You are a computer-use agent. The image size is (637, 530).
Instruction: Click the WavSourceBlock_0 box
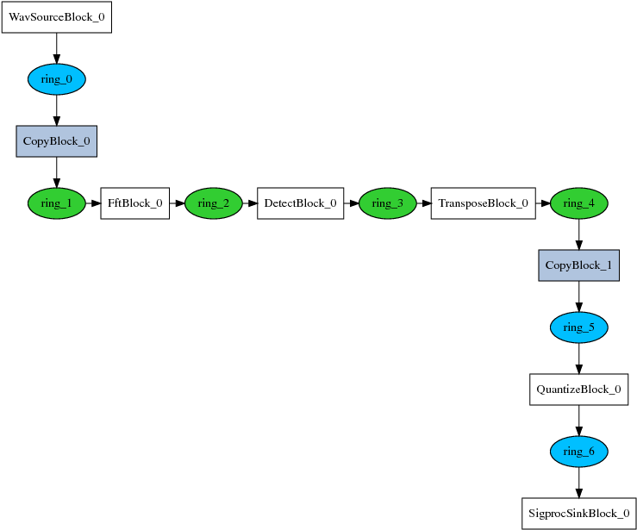(x=56, y=17)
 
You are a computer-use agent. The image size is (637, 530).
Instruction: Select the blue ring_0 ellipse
(x=56, y=79)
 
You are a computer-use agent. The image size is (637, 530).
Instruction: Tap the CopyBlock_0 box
(x=56, y=141)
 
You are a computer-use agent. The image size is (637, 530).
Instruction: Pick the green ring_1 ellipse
(x=56, y=203)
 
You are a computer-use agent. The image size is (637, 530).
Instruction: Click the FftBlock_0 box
(x=134, y=203)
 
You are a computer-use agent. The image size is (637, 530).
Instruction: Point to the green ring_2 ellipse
(x=213, y=203)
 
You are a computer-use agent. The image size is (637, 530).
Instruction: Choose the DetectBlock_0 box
(x=300, y=203)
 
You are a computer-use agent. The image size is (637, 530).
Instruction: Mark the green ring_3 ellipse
(x=387, y=203)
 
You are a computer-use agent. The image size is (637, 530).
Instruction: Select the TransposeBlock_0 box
(x=483, y=203)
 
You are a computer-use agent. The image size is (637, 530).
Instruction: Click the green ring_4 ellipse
(x=578, y=203)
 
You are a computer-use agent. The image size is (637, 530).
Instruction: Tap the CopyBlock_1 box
(x=578, y=265)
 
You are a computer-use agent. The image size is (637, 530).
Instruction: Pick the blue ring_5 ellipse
(x=578, y=327)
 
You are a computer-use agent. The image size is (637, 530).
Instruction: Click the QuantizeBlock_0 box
(x=578, y=390)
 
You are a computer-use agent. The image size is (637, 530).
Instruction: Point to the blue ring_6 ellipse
(x=578, y=452)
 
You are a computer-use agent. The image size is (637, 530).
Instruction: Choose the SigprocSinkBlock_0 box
(x=578, y=514)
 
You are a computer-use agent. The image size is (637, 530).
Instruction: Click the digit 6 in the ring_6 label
(x=591, y=452)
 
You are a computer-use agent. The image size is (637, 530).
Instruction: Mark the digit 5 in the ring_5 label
(x=591, y=327)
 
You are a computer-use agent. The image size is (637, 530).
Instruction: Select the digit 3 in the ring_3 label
(x=400, y=203)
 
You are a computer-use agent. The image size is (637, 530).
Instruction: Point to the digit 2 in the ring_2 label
(x=226, y=203)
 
